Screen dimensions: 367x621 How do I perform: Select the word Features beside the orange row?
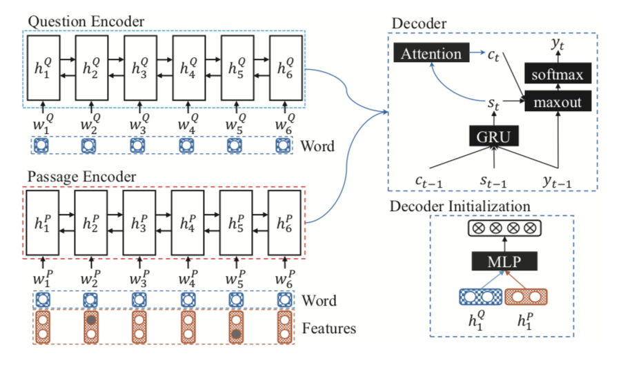(x=329, y=328)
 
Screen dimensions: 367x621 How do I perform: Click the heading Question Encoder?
(x=86, y=22)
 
